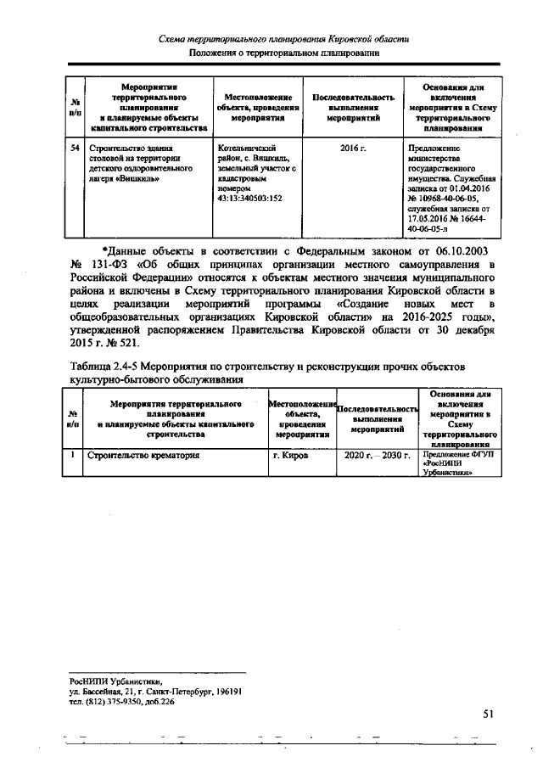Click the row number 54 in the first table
coord(76,148)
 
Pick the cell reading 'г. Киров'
coord(290,455)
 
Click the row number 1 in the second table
coord(75,455)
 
